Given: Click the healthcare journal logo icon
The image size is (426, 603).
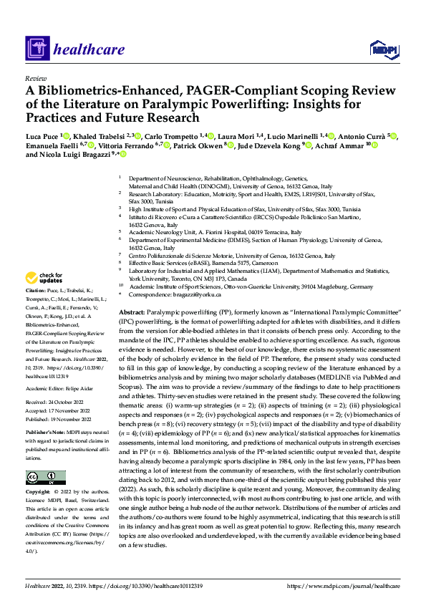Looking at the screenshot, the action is click(x=38, y=49).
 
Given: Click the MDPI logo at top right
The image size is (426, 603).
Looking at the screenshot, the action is click(x=383, y=49).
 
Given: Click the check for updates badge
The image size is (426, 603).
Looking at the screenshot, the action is click(x=46, y=277).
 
